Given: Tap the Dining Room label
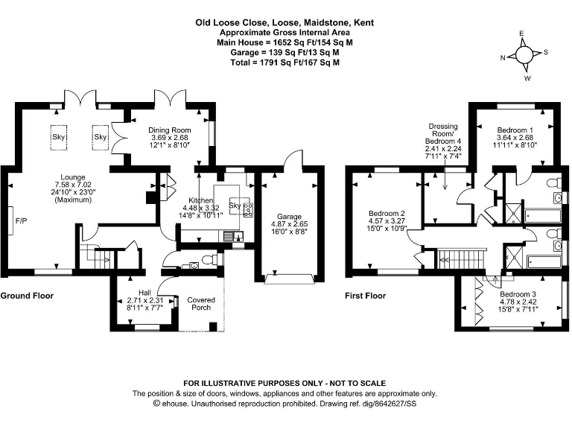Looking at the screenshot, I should [171, 130].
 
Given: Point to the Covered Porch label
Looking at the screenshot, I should [200, 303].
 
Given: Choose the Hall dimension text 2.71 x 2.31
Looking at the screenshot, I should [139, 301].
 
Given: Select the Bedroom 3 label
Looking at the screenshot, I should [517, 294].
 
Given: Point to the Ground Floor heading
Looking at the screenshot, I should [27, 296].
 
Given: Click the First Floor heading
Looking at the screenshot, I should [365, 296].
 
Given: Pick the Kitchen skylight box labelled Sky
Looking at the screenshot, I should [235, 206].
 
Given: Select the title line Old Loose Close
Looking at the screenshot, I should [285, 22].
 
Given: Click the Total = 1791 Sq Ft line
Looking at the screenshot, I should [285, 63].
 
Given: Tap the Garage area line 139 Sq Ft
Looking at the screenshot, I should [285, 52].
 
